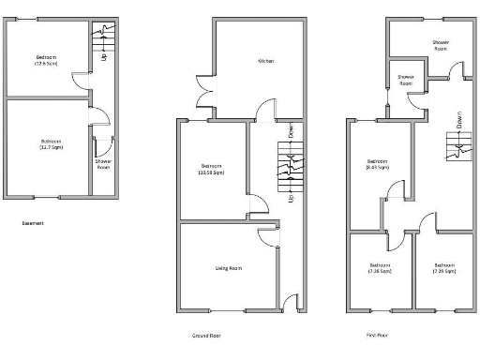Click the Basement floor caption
pos(33,223)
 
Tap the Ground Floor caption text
pos(206,334)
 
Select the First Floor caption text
pos(377,334)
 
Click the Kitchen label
pos(266,62)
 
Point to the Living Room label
pos(229,269)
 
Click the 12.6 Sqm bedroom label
pos(47,61)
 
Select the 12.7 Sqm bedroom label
pos(51,143)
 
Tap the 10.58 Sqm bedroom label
pos(211,170)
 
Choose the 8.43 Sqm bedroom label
pos(378,164)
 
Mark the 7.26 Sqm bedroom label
pos(380,268)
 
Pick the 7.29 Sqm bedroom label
pos(443,268)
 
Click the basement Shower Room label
pos(103,165)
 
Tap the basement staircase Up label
pos(103,57)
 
